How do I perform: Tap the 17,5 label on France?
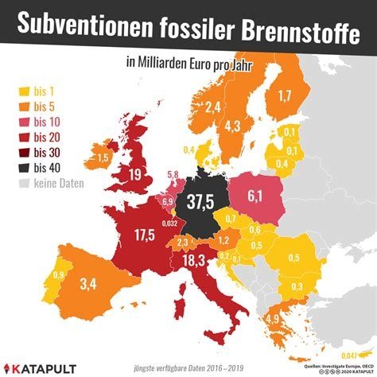(143, 235)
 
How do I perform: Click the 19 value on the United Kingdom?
(136, 175)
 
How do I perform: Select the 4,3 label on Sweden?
(232, 124)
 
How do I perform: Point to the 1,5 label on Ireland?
(103, 158)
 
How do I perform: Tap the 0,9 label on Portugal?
(58, 275)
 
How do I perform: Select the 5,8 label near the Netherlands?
(173, 174)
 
